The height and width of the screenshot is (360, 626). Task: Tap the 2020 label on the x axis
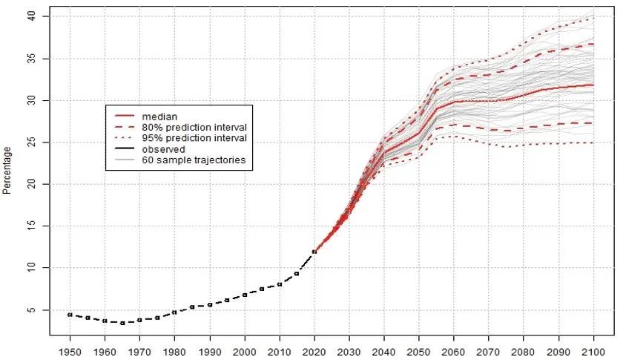coord(314,349)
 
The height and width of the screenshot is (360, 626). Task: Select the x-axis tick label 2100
coord(593,349)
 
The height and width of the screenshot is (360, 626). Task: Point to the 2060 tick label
coord(454,349)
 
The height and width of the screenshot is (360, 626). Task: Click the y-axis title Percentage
coord(7,170)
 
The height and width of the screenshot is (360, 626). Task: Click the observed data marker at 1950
coord(70,315)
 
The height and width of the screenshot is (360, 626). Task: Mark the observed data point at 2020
coord(314,252)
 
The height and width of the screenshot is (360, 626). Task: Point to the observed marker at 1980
coord(174,312)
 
